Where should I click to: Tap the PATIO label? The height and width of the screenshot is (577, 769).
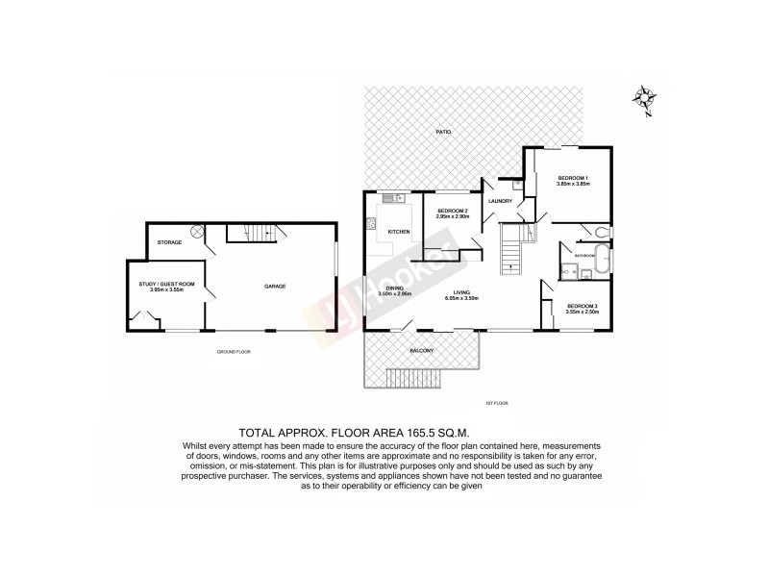442,132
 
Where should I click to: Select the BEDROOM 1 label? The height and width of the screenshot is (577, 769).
574,178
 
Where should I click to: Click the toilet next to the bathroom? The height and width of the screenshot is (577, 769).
600,231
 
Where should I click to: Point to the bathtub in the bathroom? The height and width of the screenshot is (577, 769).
602,260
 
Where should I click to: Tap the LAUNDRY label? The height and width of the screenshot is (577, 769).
500,201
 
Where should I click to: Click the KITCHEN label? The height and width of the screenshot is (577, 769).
399,233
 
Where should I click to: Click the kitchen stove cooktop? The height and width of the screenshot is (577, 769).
370,226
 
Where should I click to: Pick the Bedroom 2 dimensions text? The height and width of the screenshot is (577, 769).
452,216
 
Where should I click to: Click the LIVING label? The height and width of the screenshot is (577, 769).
463,291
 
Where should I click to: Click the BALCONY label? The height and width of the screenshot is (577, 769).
423,350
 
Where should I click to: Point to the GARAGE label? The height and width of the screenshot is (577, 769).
276,287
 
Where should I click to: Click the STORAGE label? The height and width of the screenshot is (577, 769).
170,242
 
